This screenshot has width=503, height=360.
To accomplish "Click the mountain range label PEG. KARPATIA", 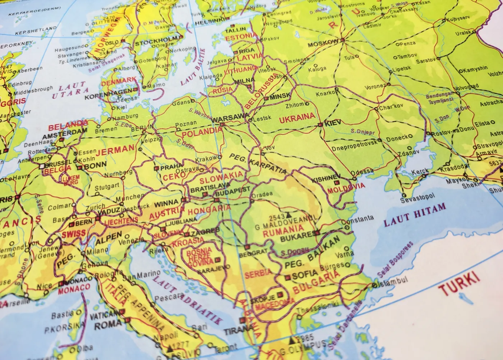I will pos(258,163).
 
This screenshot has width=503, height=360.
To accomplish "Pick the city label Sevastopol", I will pos(417,198).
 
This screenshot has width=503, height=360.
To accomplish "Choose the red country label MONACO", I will pos(74,288).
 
